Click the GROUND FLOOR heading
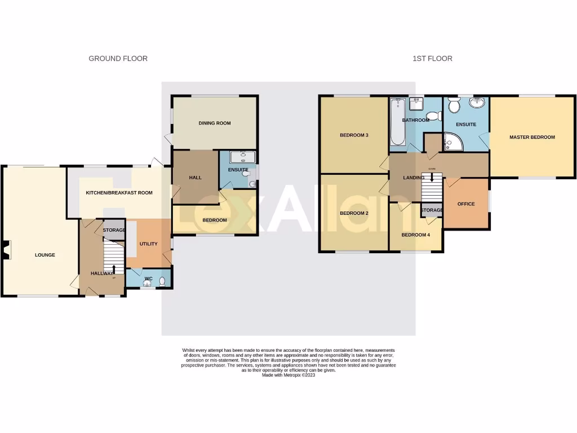coord(118,59)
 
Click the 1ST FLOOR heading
coord(432,59)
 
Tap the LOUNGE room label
coord(45,255)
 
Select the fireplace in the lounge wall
coord(6,250)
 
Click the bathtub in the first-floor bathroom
coord(397,121)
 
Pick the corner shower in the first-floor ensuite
coord(452,142)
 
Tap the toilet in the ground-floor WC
coord(162,281)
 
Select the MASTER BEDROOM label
coord(532,137)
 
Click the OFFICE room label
coord(466,204)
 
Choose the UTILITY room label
coord(149,244)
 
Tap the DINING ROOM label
coord(214,123)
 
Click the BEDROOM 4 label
coord(416,235)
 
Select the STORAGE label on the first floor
coord(432,210)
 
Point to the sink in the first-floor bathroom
coord(417,103)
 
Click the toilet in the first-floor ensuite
coord(454,105)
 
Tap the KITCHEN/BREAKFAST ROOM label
coord(119,193)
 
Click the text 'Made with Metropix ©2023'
coord(288,375)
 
